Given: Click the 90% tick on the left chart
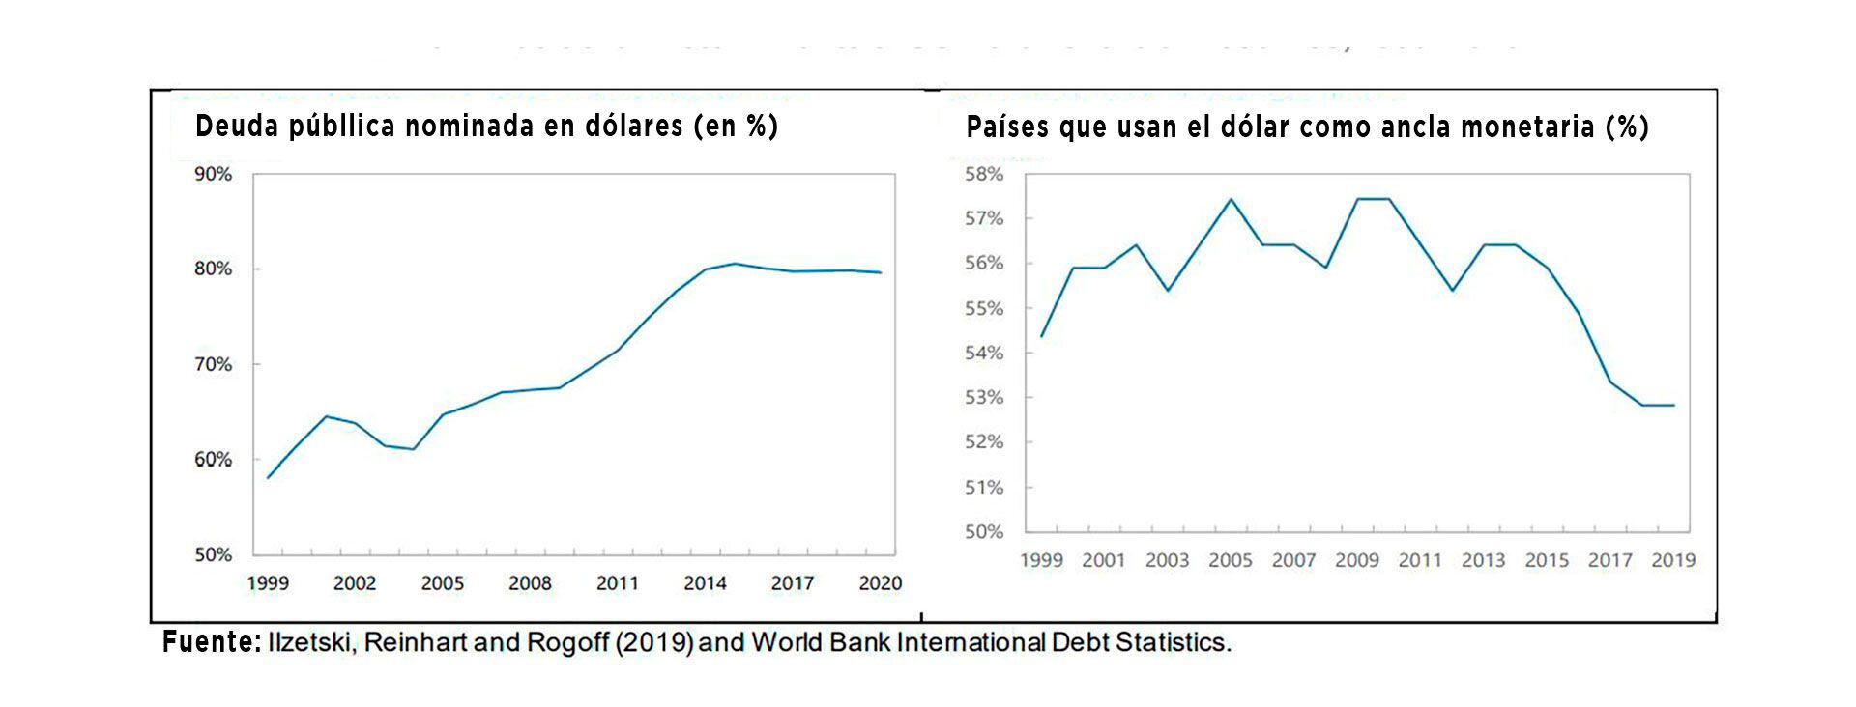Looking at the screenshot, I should [x=214, y=174].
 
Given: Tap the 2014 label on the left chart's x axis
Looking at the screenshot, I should [x=705, y=583].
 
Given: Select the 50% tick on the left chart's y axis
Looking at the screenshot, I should [x=214, y=555].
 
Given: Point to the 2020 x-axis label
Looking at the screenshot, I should [x=880, y=583].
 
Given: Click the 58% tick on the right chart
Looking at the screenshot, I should [x=985, y=174].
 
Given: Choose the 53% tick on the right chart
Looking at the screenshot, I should [x=985, y=398].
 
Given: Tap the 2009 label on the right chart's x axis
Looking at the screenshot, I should [x=1356, y=560].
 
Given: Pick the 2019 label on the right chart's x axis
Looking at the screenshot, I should [x=1673, y=560].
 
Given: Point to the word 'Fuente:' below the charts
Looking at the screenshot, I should [x=212, y=642].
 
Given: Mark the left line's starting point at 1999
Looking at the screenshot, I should [x=268, y=477].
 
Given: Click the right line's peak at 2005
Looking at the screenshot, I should [x=1231, y=199].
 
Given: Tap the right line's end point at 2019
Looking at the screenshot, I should [x=1673, y=405].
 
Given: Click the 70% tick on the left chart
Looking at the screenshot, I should [x=214, y=365].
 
